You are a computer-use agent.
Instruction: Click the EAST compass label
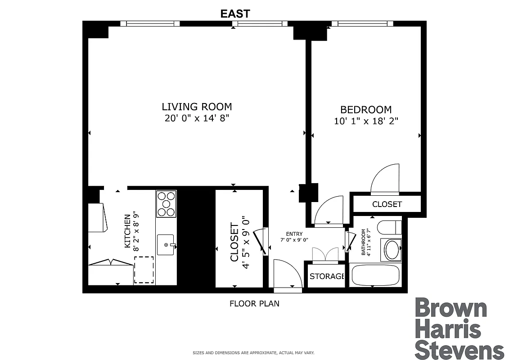click(235, 13)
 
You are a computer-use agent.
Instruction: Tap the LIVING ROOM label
click(197, 107)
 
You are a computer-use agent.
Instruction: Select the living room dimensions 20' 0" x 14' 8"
click(197, 119)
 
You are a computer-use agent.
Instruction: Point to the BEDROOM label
click(365, 109)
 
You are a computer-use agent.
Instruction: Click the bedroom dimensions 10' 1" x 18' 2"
click(365, 121)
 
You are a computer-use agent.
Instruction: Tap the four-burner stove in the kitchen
click(166, 204)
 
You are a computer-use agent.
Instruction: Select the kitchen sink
click(167, 245)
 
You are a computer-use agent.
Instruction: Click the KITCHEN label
click(128, 231)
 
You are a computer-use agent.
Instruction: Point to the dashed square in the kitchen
click(144, 270)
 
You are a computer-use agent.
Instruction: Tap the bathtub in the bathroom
click(375, 275)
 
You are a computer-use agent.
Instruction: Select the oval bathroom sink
click(392, 250)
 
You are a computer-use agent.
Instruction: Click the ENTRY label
click(294, 234)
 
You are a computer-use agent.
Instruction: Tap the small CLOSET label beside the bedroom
click(387, 204)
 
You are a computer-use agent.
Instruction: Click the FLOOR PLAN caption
click(254, 304)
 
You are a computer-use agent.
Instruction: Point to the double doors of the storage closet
click(325, 255)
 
